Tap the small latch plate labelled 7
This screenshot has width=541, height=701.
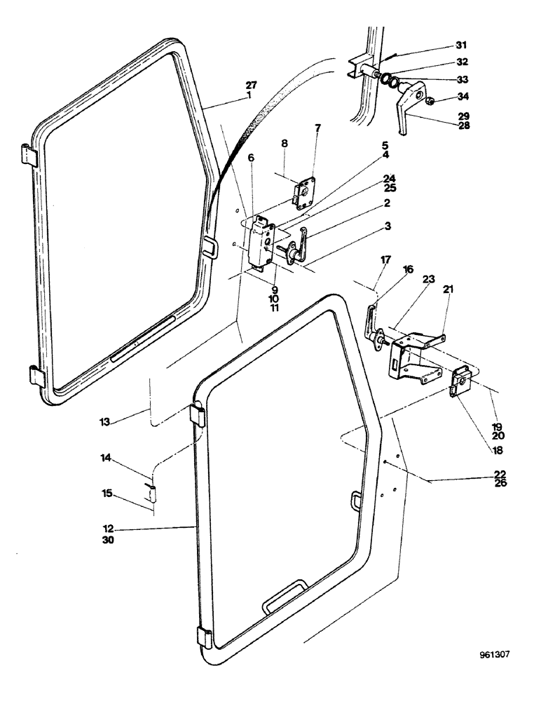(x=306, y=193)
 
